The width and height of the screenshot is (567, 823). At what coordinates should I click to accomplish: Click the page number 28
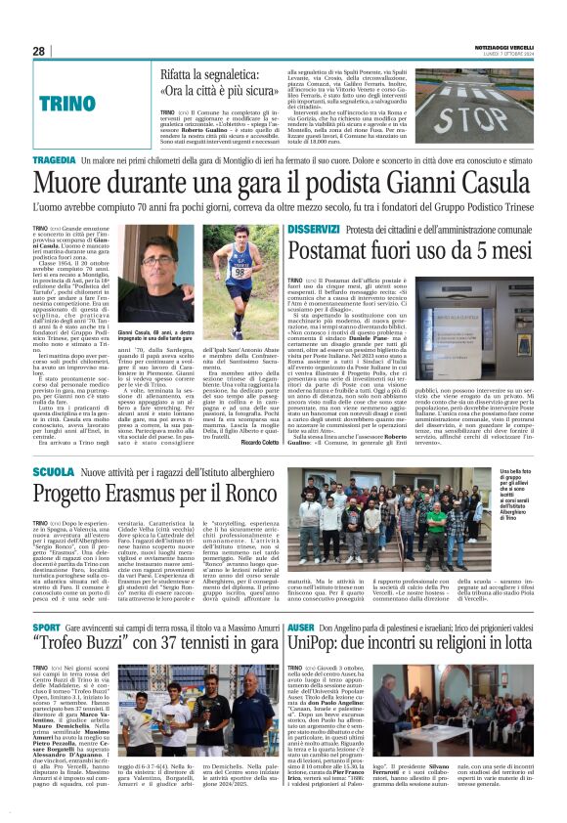point(38,51)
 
